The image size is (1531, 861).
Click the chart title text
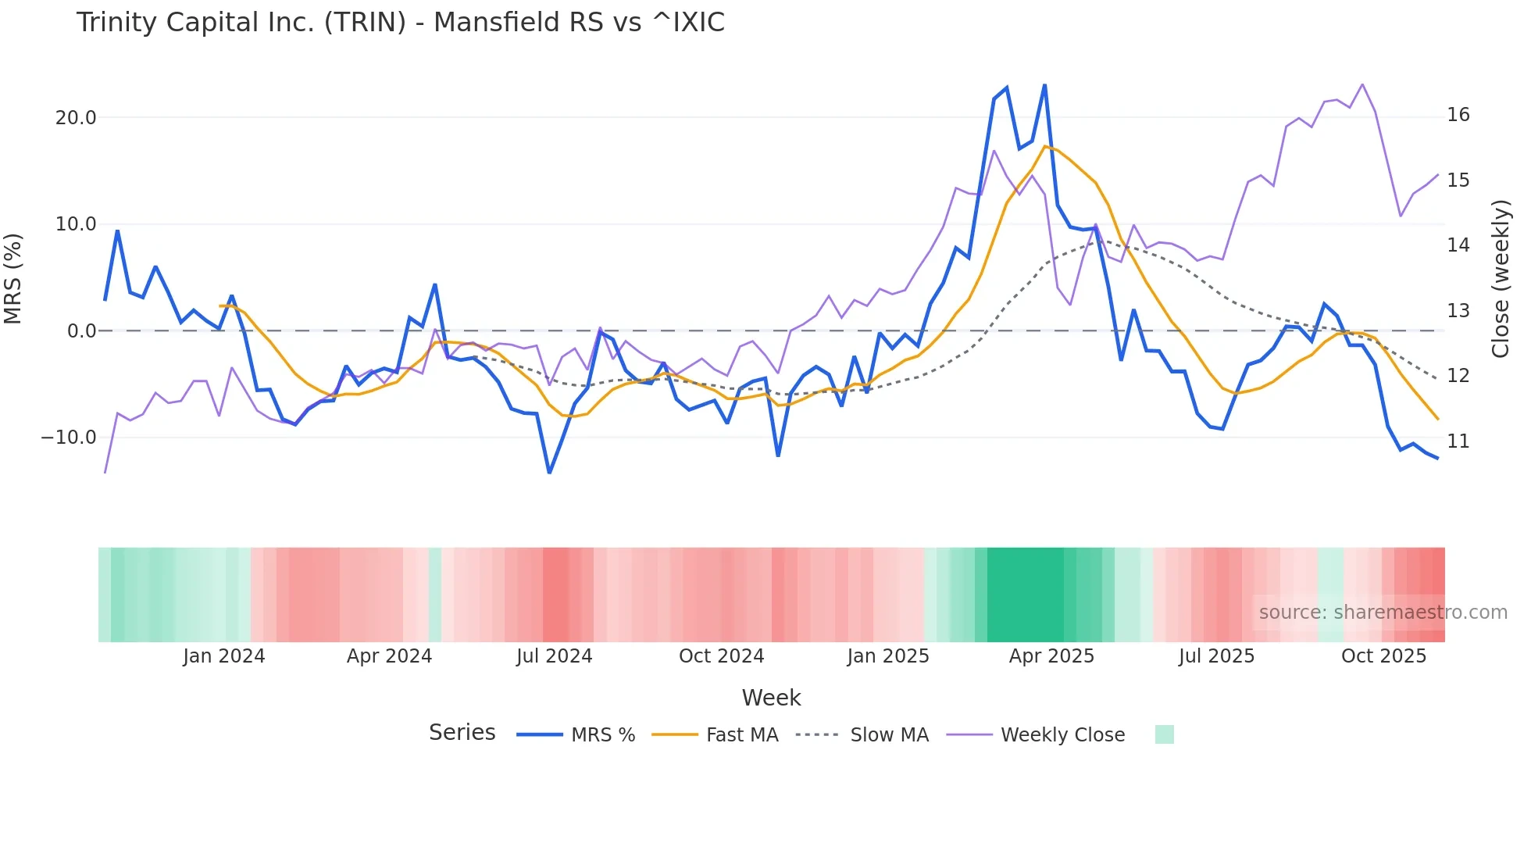(x=400, y=23)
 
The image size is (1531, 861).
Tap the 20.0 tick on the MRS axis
(x=76, y=118)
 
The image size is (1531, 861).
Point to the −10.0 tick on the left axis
(x=69, y=438)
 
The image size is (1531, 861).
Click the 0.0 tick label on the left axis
(x=81, y=331)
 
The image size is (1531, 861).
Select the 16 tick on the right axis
(x=1458, y=115)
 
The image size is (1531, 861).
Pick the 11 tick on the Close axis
(x=1458, y=441)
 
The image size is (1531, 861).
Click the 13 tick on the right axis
(x=1458, y=311)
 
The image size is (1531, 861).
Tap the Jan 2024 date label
(x=224, y=656)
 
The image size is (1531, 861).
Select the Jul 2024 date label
(x=554, y=656)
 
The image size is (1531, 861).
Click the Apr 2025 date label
(x=1051, y=656)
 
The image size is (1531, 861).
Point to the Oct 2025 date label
(x=1383, y=656)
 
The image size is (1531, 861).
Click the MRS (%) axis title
(x=13, y=278)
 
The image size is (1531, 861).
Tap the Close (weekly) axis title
(x=1501, y=279)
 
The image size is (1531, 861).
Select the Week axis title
(x=771, y=698)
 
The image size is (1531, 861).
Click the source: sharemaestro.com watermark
(x=1383, y=613)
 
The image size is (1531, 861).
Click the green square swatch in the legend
(x=1164, y=734)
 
